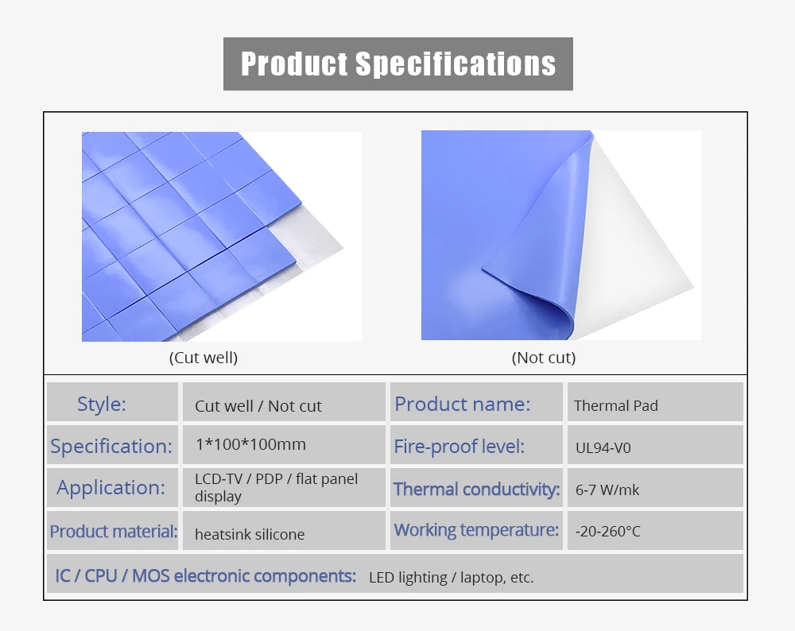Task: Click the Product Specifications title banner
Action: click(x=398, y=64)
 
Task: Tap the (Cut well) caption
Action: click(x=204, y=358)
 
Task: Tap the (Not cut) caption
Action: click(x=544, y=358)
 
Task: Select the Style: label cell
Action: click(x=113, y=402)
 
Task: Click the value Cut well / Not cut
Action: click(x=258, y=406)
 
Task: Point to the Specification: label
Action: click(x=111, y=446)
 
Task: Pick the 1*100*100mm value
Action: click(x=250, y=444)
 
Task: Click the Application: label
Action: click(x=111, y=488)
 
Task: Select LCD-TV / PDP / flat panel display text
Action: click(x=277, y=487)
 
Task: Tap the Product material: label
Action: click(x=114, y=531)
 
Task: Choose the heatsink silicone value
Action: click(x=250, y=534)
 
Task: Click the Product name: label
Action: click(x=463, y=404)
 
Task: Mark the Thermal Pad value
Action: click(x=616, y=405)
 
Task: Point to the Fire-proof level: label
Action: click(x=459, y=447)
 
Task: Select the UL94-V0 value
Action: click(x=603, y=448)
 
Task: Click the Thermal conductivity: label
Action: click(x=476, y=489)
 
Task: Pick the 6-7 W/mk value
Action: click(x=607, y=490)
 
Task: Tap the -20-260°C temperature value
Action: click(x=608, y=531)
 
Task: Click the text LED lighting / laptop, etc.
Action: click(x=452, y=578)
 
